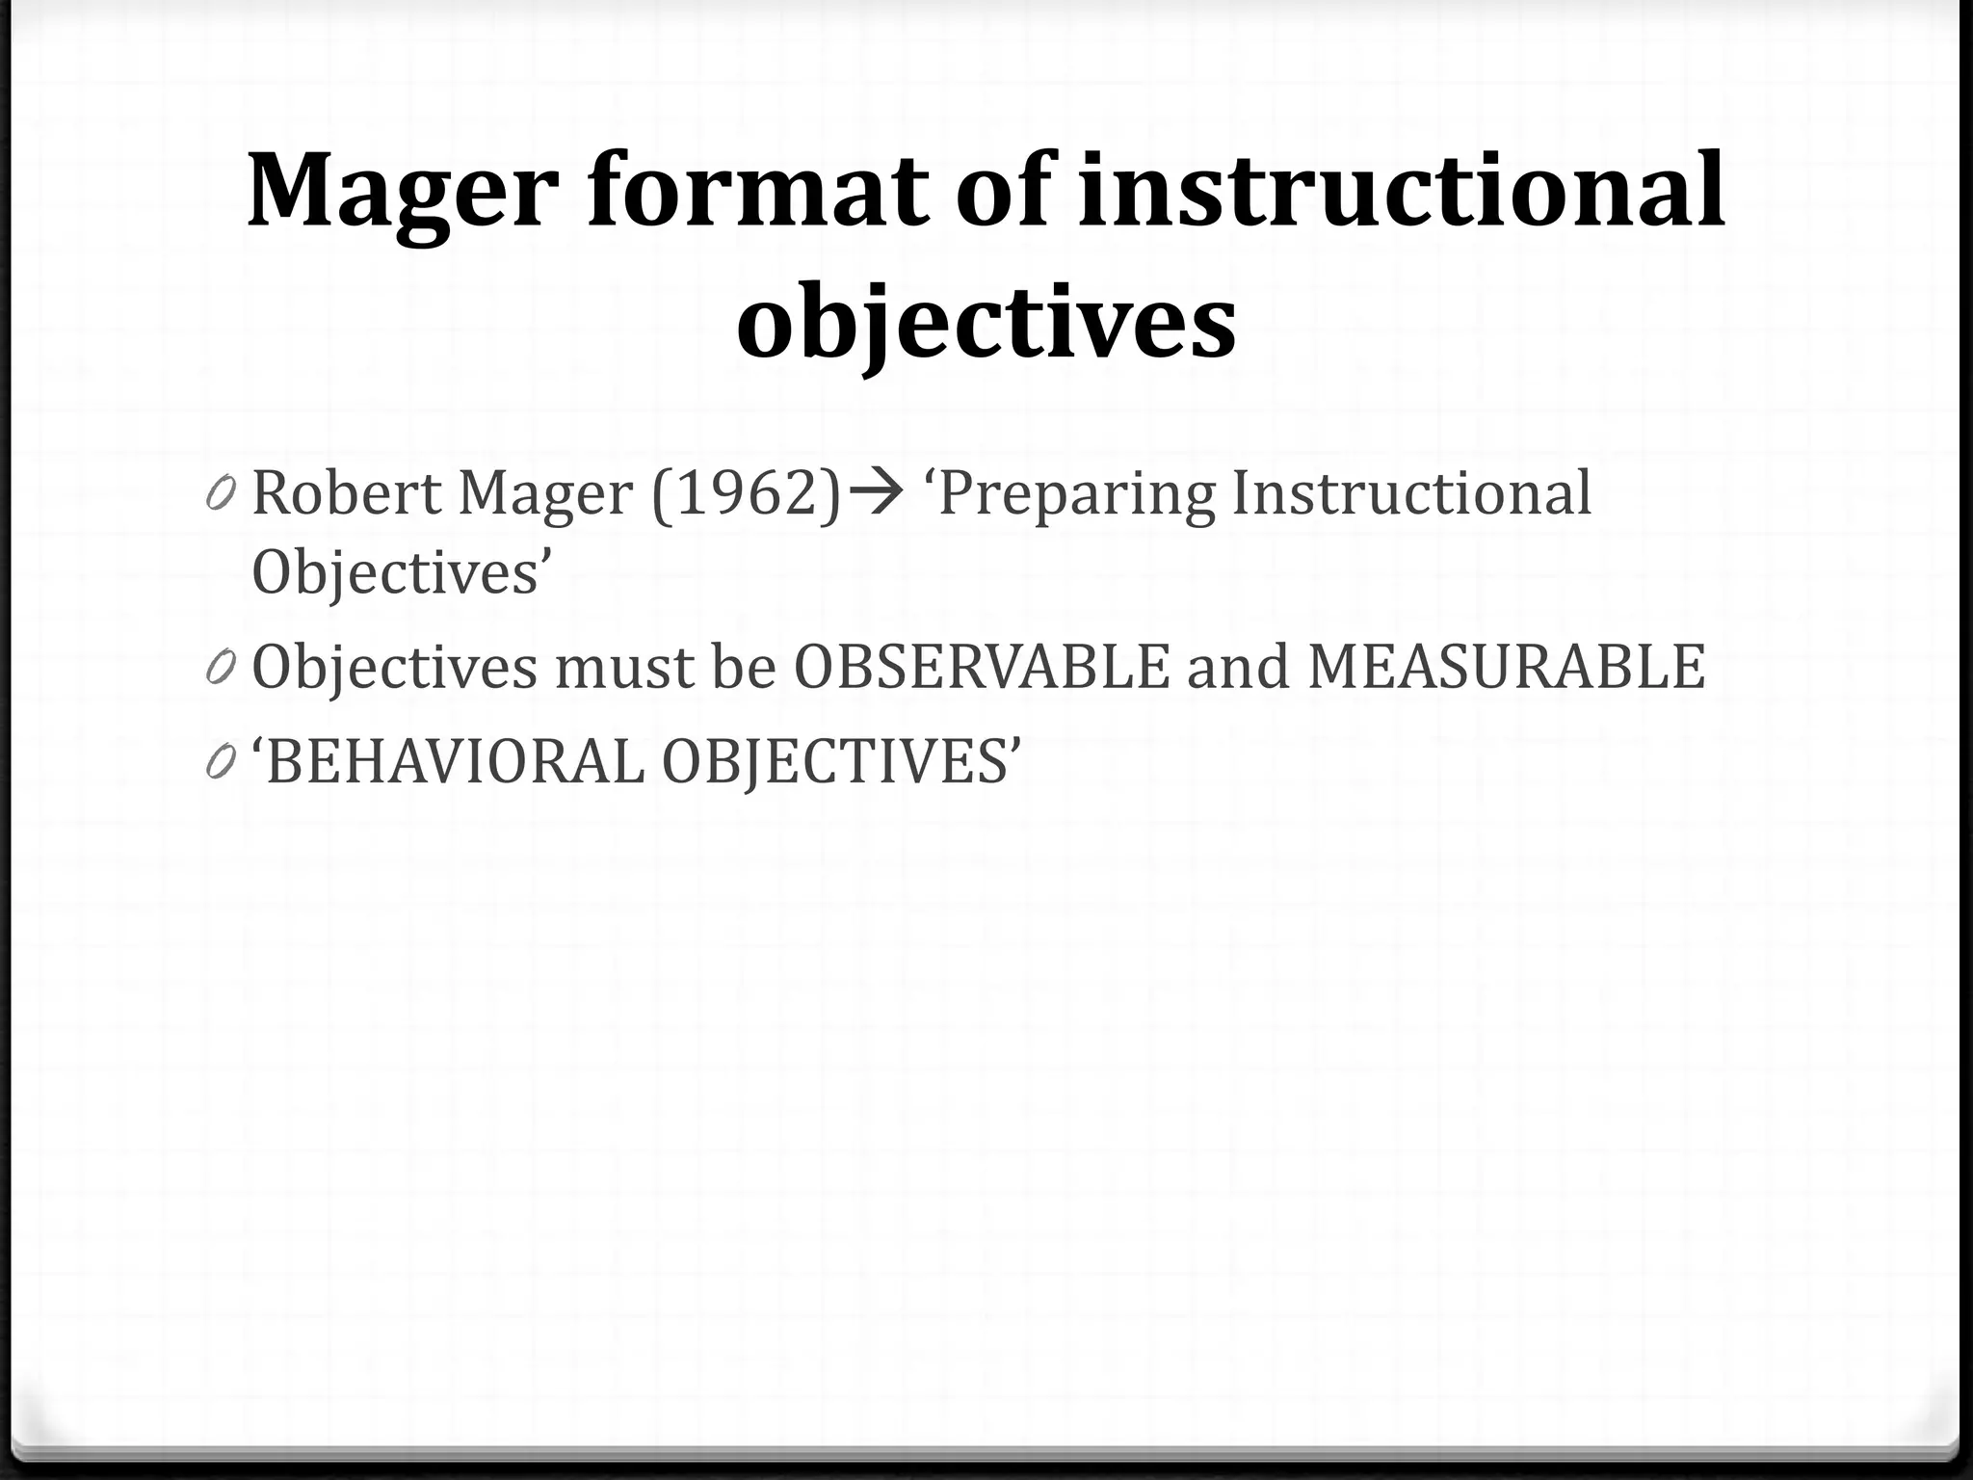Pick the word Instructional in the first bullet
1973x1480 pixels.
(x=1411, y=493)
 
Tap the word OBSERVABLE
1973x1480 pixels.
(x=982, y=667)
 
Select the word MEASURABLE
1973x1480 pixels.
(x=1506, y=667)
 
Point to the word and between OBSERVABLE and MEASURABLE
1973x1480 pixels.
(x=1238, y=667)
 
